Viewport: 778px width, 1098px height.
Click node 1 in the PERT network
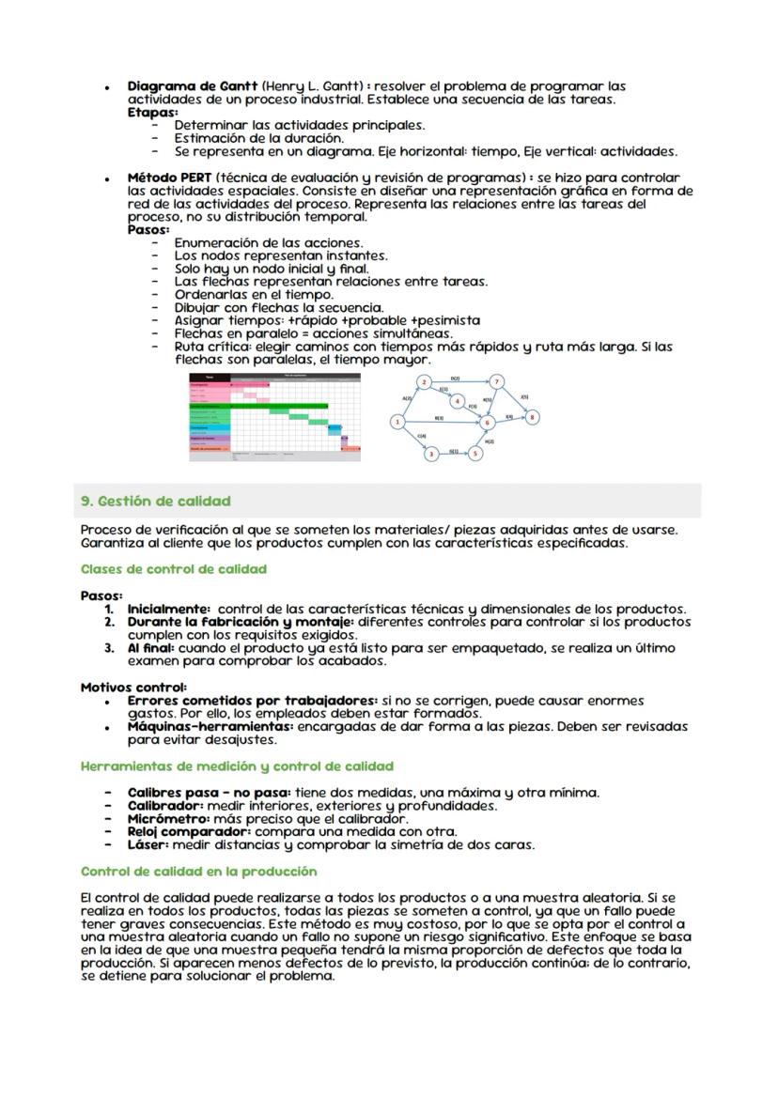397,422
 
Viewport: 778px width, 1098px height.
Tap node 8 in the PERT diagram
533,416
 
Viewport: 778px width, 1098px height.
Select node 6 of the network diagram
487,423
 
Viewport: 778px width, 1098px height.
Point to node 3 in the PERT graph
431,454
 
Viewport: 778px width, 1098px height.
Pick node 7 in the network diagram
497,381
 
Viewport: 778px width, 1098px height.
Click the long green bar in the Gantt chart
278,406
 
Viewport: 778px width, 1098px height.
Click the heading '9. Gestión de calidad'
155,501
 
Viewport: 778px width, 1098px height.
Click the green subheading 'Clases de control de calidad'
173,569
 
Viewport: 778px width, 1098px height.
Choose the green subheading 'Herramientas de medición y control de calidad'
237,766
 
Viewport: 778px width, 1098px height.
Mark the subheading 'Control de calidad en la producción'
199,872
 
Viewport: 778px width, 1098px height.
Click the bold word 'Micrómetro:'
166,819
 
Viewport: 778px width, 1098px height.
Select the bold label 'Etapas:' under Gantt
152,112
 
